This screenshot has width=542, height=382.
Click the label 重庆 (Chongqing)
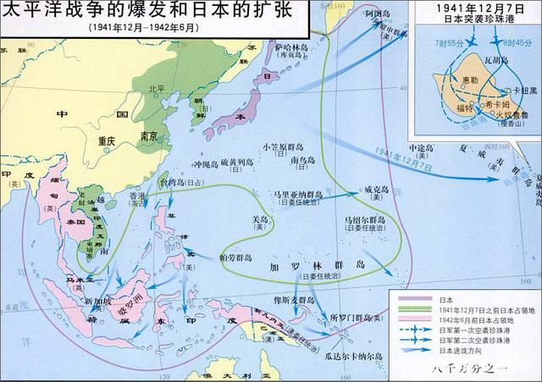coord(105,142)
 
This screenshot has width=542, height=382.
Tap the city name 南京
coord(150,135)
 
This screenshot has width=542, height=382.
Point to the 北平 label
coord(157,88)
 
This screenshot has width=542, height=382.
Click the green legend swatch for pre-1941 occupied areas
coord(413,310)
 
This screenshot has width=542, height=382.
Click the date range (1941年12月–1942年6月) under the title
coord(145,27)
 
